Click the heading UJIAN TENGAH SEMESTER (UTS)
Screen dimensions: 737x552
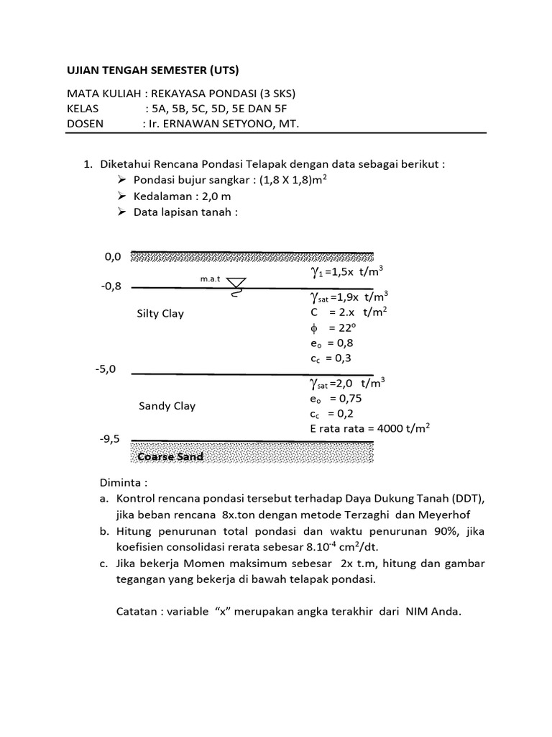coord(152,70)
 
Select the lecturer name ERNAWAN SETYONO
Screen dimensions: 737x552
coord(230,123)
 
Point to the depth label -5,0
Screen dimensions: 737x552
coord(105,369)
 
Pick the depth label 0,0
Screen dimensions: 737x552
coord(113,256)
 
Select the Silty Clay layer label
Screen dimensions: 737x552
coord(160,313)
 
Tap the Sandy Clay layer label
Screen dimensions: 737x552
coord(167,406)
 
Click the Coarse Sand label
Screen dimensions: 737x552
coord(170,456)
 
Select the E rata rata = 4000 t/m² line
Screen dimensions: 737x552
coord(369,428)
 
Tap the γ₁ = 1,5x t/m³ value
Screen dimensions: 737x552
coord(346,273)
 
